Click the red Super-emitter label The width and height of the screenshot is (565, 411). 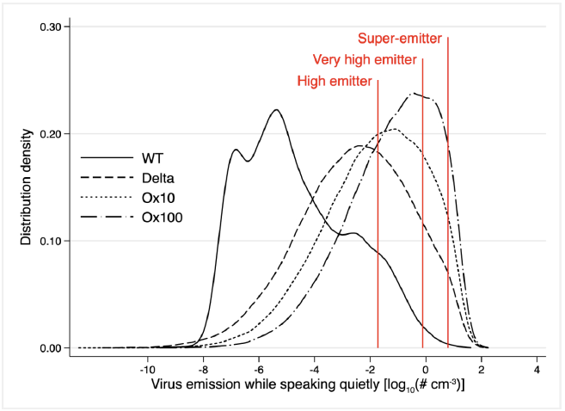400,38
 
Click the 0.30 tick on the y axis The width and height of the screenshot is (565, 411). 47,27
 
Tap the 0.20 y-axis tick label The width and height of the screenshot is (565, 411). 47,134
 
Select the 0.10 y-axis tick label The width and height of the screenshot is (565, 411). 47,241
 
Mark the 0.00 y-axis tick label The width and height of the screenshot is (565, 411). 47,348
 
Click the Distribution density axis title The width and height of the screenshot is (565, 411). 26,187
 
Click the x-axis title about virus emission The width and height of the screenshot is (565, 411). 309,383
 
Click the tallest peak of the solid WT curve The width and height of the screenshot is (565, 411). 276,110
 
